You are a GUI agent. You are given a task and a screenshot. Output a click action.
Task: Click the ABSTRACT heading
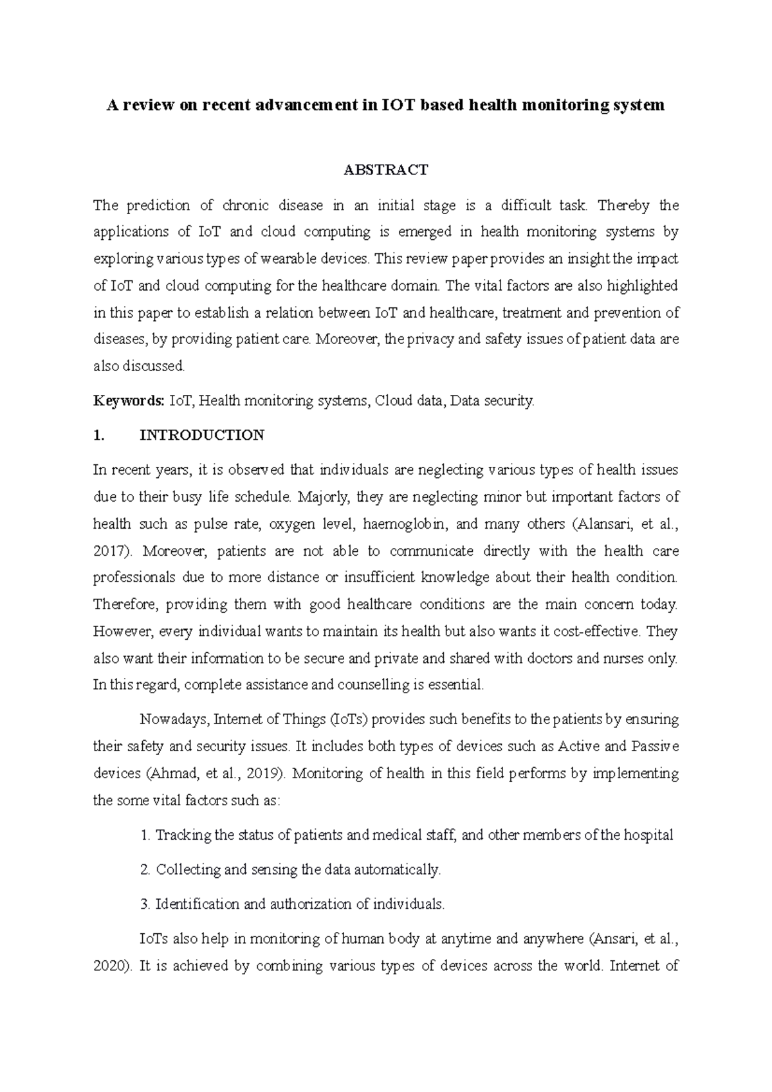385,170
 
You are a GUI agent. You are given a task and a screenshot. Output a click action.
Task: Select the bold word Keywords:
129,401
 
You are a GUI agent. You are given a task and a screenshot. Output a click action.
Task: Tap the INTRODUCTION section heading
201,435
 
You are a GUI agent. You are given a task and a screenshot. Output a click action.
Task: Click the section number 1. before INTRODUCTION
98,435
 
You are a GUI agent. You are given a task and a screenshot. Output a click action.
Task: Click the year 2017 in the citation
109,551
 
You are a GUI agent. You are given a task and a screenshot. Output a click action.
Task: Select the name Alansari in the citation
602,524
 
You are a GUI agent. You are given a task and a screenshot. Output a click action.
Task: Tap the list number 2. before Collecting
145,870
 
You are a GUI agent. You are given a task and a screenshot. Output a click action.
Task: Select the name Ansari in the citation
615,939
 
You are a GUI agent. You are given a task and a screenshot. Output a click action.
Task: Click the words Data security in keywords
492,401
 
